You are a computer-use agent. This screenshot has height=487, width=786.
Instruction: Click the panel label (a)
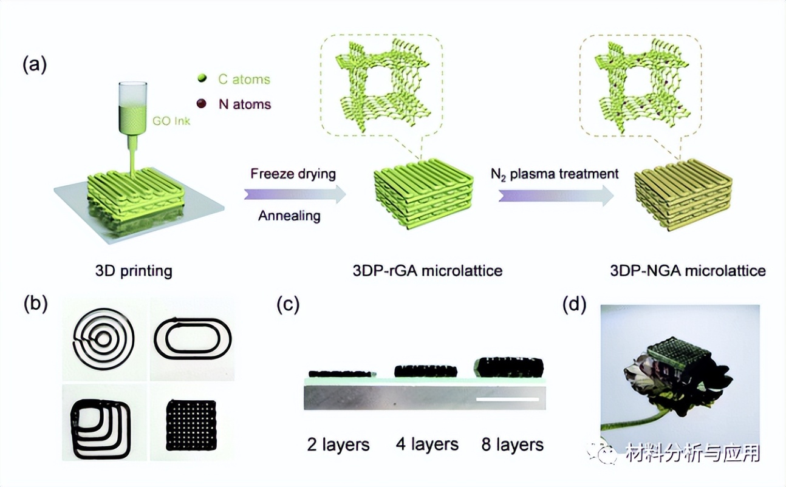coord(34,64)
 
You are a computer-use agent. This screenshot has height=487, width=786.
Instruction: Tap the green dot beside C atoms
coord(204,78)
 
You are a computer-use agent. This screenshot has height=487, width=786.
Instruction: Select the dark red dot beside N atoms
coord(204,103)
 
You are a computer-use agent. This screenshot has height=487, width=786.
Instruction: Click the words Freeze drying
coord(293,174)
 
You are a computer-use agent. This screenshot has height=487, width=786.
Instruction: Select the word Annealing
coord(289,216)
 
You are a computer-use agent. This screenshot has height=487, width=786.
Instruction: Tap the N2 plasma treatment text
coord(554,174)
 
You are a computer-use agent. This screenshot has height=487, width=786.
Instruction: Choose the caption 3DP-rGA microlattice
coord(428,271)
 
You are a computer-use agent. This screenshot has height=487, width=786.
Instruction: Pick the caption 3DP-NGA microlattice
coord(688,271)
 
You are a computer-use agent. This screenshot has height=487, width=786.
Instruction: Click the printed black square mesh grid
coord(192,426)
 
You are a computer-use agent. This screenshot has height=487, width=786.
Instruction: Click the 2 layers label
coord(338,445)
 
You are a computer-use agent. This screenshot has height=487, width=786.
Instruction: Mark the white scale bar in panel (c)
coord(508,400)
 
